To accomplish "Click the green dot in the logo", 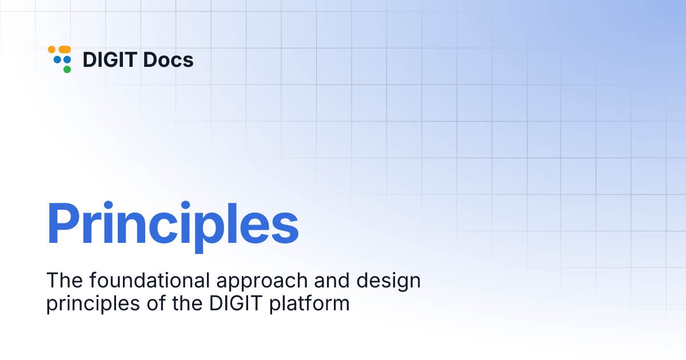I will coord(67,69).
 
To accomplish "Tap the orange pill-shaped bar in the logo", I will coord(65,50).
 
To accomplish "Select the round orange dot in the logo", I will coord(51,50).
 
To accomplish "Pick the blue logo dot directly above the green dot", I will coord(67,59).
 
